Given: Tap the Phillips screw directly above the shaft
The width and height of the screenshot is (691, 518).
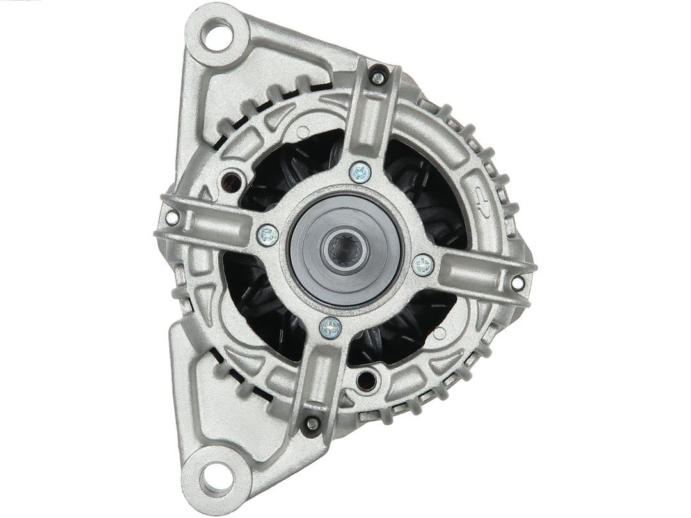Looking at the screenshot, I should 360,172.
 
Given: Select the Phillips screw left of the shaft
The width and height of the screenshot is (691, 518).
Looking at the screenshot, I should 267,235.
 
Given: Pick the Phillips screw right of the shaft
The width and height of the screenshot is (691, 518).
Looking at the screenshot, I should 423,265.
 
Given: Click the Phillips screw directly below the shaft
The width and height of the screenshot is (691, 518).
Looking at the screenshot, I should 330,328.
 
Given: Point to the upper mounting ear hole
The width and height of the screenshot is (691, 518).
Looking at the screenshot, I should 216,34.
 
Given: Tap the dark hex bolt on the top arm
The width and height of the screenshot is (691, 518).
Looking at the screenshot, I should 377,77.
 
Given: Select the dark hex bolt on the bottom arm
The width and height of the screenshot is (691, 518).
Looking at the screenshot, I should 312,423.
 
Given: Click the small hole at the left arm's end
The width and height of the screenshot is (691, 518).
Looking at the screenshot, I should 171,217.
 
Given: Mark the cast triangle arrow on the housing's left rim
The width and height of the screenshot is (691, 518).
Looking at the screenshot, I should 207,192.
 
